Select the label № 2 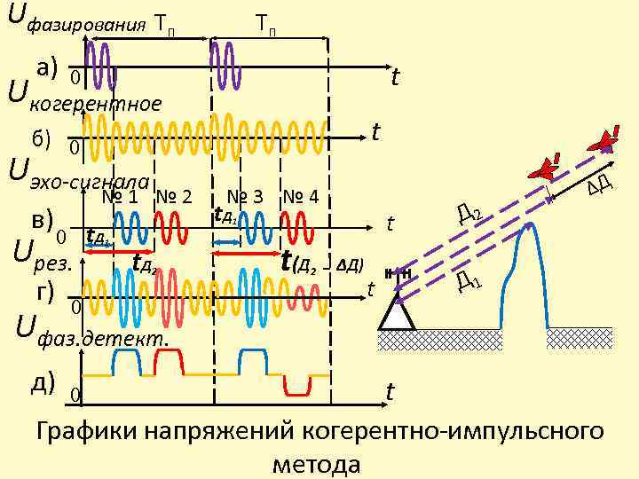(x=174, y=196)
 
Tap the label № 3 (x=245, y=196)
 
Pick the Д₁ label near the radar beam (x=469, y=282)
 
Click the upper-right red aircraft (x=606, y=140)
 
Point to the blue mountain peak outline (x=529, y=266)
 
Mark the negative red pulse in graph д (x=296, y=384)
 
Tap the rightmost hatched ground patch (x=579, y=338)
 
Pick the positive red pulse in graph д (x=169, y=361)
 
